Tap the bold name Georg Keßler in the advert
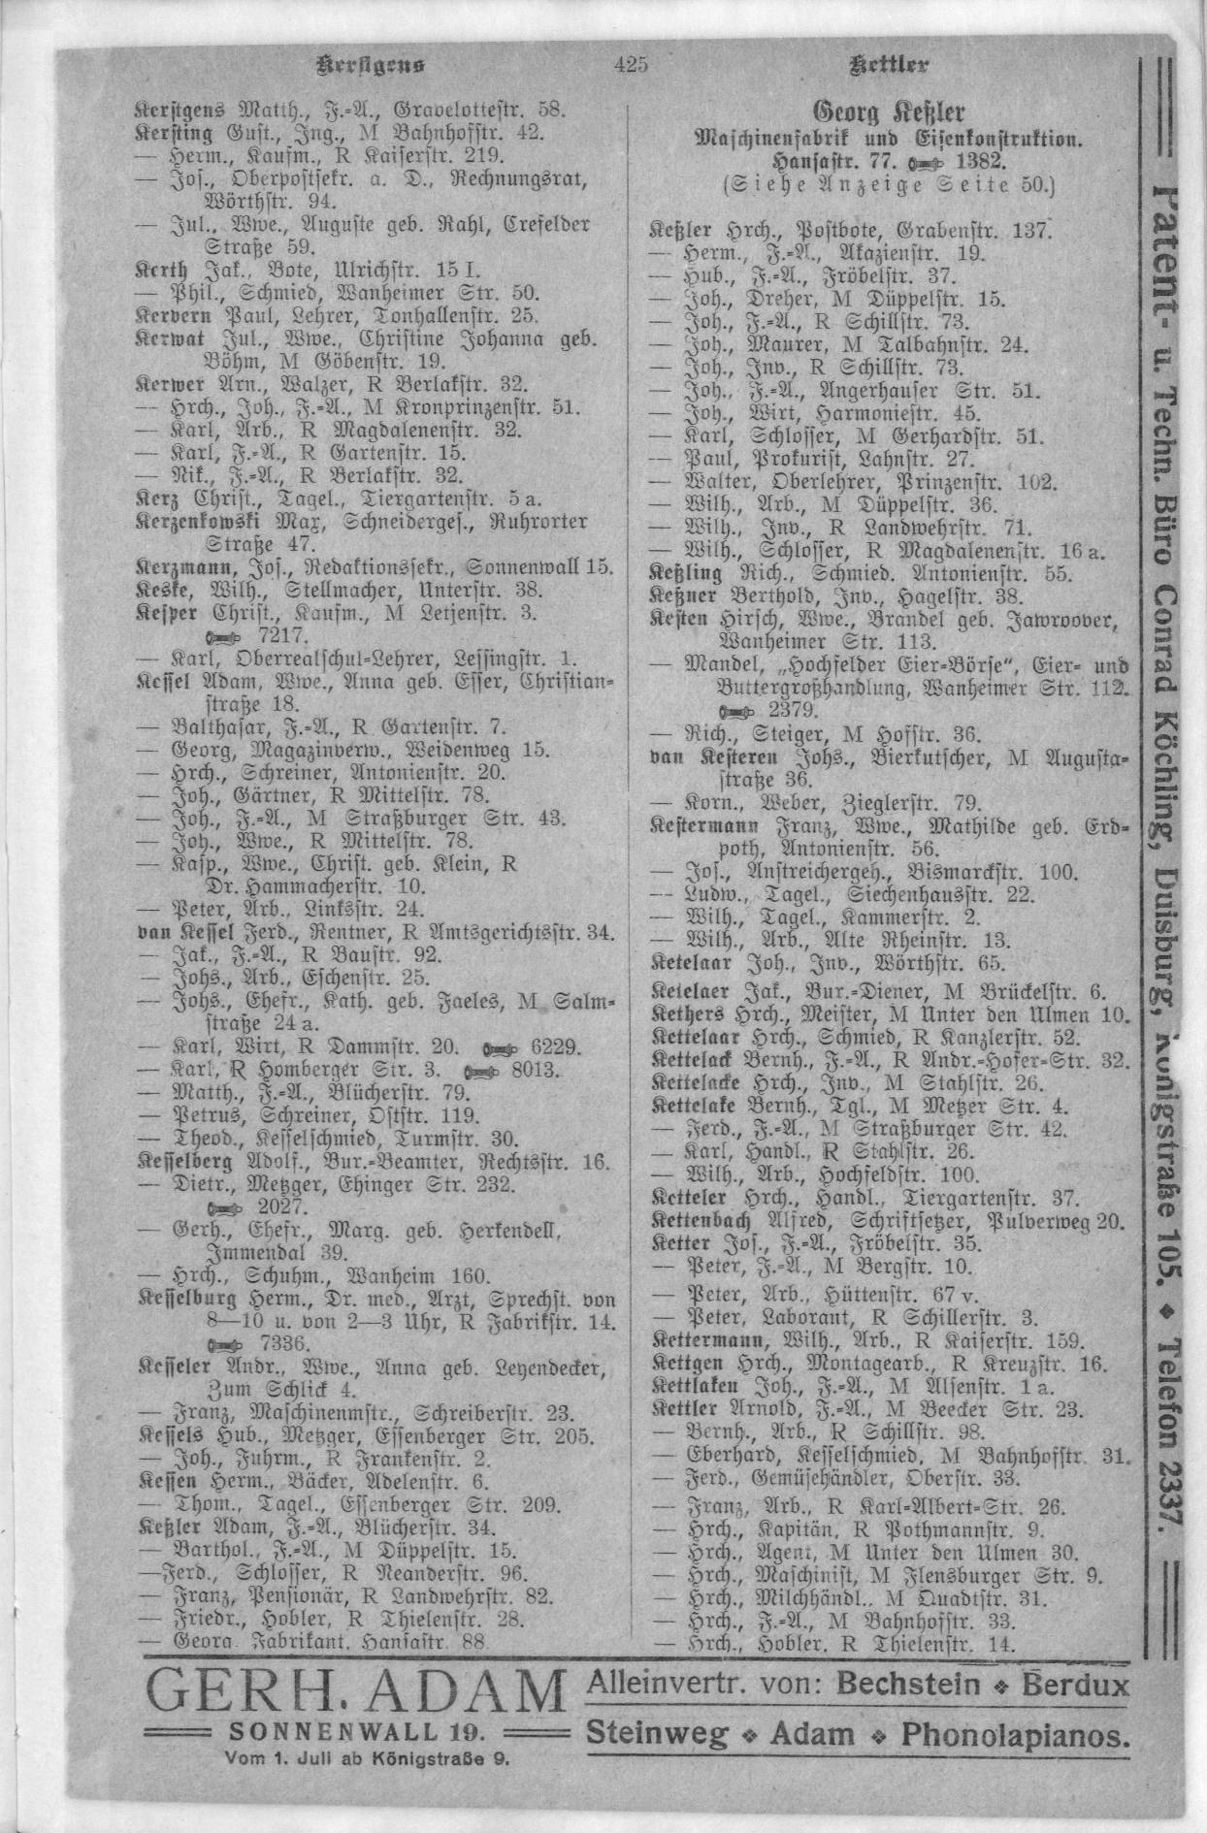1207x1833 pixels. (x=889, y=109)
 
